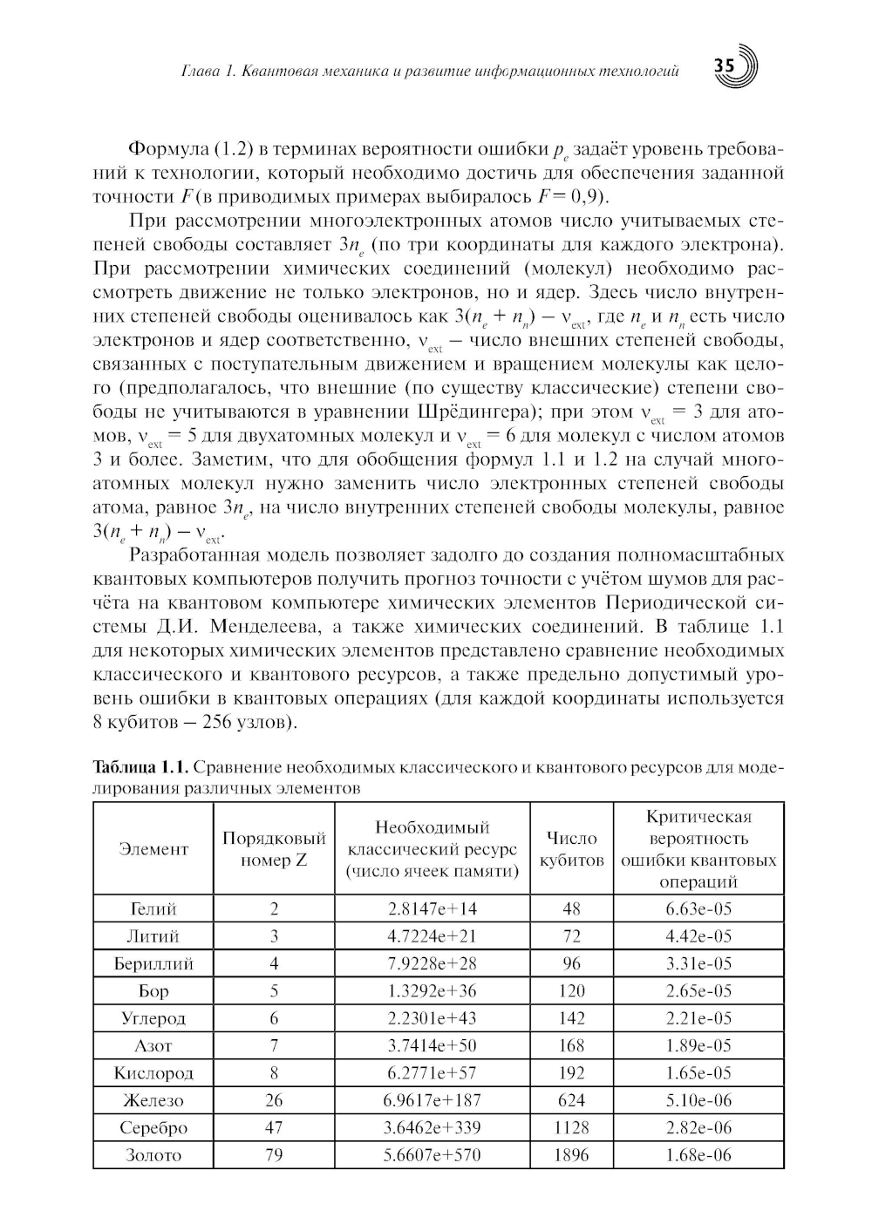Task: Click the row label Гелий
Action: tap(153, 908)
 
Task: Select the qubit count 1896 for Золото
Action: tap(571, 1154)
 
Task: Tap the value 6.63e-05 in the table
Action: tap(698, 908)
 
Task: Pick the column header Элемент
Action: tap(153, 848)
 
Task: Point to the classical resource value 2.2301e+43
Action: tap(432, 1017)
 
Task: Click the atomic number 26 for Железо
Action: tap(274, 1099)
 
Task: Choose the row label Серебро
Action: tap(153, 1127)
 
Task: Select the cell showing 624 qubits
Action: tap(571, 1099)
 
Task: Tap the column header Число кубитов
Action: tap(571, 848)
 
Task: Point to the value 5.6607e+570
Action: tap(432, 1154)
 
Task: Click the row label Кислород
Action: tap(153, 1072)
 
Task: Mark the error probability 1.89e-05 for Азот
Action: tap(698, 1045)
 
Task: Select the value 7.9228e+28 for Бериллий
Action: tap(432, 963)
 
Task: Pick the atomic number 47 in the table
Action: tap(274, 1127)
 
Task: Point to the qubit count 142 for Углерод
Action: tap(571, 1017)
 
